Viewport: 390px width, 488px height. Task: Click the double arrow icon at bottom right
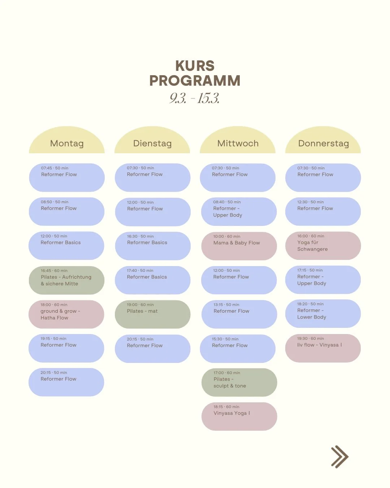point(339,457)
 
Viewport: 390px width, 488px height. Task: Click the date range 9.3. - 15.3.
point(195,98)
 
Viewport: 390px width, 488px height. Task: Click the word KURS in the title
point(195,66)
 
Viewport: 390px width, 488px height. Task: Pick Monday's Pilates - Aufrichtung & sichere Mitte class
point(66,280)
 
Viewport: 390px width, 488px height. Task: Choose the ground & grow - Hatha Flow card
point(66,314)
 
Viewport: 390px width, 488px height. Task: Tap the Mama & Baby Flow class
point(239,246)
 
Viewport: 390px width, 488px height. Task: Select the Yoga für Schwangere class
point(323,245)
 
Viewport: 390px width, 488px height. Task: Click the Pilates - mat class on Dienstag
point(152,314)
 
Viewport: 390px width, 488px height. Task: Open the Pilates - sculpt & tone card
point(239,382)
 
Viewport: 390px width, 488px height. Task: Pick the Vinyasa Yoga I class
point(239,416)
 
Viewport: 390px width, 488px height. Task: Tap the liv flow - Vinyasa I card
point(323,348)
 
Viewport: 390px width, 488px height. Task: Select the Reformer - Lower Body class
point(323,313)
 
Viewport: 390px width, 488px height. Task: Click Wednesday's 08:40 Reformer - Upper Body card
point(238,211)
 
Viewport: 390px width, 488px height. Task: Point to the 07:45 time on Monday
point(46,168)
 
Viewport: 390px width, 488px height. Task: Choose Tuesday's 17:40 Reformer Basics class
point(152,280)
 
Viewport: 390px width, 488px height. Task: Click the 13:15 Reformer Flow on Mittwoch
point(239,314)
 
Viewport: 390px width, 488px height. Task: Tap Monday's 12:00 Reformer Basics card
point(66,245)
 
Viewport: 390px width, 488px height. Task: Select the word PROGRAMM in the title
point(195,81)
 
